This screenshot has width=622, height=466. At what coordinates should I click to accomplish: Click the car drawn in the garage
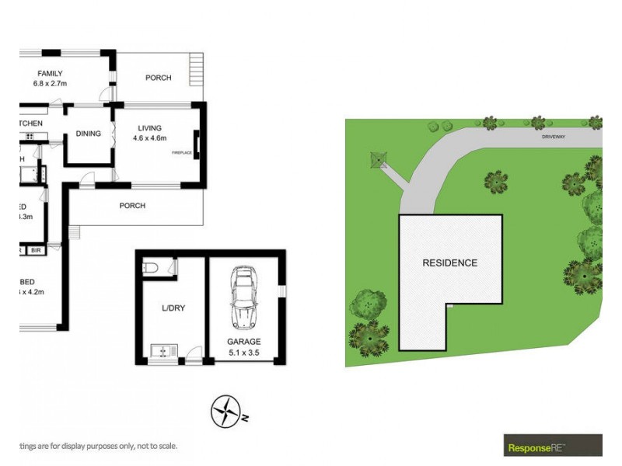tap(244, 298)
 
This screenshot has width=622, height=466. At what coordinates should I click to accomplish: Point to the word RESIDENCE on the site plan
tap(449, 263)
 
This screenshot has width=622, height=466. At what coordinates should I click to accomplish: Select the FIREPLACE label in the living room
tap(182, 153)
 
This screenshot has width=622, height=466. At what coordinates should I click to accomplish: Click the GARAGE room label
tap(244, 342)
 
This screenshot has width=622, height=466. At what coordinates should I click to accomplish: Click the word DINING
tap(89, 134)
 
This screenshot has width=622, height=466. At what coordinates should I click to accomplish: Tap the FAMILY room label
tap(48, 74)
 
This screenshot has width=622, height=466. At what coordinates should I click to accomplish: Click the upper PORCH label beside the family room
tap(159, 78)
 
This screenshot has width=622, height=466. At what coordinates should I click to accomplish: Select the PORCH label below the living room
tap(132, 206)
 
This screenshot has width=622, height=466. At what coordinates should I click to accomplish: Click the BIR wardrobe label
tap(36, 251)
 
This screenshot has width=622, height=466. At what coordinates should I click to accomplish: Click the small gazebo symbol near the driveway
tap(379, 159)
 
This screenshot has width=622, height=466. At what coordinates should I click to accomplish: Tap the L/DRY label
tap(173, 308)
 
